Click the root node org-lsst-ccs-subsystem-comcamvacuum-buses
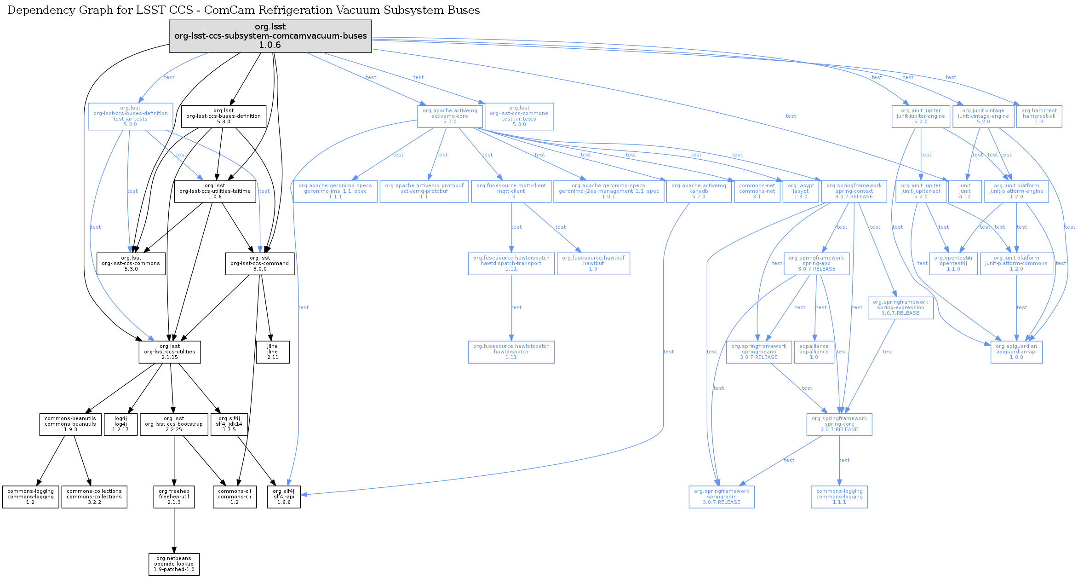click(x=270, y=36)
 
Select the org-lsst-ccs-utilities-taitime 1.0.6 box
click(x=215, y=191)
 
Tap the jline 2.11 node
click(x=273, y=352)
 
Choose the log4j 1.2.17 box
click(x=120, y=424)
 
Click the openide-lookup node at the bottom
click(x=174, y=564)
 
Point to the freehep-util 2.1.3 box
click(x=174, y=497)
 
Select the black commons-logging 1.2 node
click(x=30, y=497)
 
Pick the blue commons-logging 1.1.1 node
click(x=839, y=497)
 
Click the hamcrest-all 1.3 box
click(x=1039, y=116)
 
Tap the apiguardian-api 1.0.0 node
click(x=1016, y=352)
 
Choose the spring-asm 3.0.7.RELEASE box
click(x=722, y=497)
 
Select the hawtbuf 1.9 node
click(x=593, y=263)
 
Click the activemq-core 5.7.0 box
click(x=450, y=116)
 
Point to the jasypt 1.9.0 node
click(x=801, y=191)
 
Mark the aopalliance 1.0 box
click(x=814, y=352)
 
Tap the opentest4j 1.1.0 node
click(x=953, y=263)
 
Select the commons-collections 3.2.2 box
click(x=94, y=497)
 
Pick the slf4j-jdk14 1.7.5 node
click(x=229, y=424)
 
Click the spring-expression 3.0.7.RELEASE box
click(x=900, y=307)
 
